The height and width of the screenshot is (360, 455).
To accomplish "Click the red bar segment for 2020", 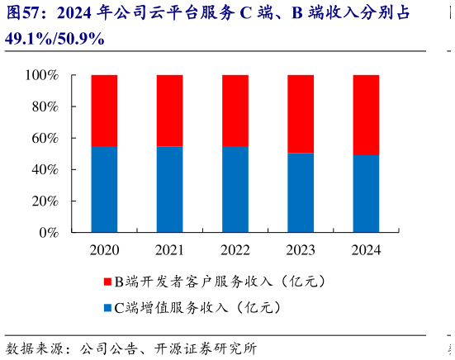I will coord(104,111).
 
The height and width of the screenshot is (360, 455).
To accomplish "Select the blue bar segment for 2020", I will coord(104,190).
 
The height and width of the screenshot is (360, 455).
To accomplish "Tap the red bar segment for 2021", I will coord(169,111).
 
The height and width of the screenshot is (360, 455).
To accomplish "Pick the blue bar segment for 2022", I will coord(235,190).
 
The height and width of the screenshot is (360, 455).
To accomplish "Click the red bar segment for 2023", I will coord(300,114).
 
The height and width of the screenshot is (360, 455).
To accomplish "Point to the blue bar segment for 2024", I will coord(365,194).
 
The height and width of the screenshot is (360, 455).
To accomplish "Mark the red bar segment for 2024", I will coord(365,115).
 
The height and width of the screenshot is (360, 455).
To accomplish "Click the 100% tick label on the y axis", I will coord(41,75).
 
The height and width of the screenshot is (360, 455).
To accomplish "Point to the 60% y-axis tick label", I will coord(45,138).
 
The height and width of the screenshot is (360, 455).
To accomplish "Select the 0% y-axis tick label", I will coord(48,233).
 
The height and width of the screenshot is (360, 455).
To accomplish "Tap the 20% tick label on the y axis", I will coord(45,201).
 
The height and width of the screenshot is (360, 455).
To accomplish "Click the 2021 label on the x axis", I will coord(169,250).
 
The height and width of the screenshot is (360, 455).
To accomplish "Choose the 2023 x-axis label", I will coord(300,250).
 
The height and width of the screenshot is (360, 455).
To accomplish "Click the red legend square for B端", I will coord(107,282).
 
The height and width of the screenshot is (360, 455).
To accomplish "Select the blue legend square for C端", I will coord(107,309).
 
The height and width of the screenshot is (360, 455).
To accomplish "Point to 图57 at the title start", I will coord(23,14).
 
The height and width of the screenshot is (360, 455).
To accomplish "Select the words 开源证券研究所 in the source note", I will coord(211,347).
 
